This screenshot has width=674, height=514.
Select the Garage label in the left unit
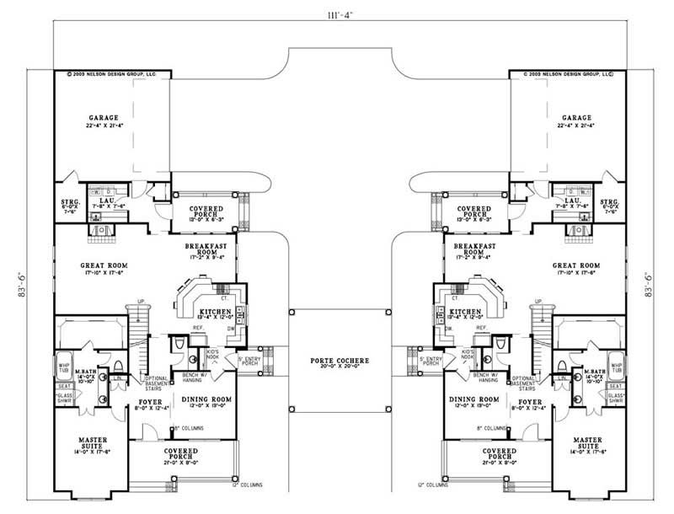104,118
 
